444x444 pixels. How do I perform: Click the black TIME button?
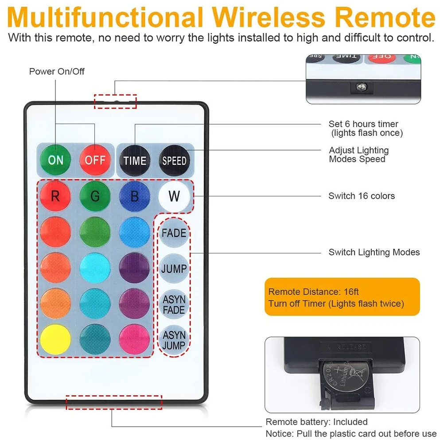click(x=135, y=160)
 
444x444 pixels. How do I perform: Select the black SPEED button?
click(x=174, y=160)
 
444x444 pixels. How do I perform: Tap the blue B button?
click(x=134, y=196)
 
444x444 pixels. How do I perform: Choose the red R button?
click(x=55, y=196)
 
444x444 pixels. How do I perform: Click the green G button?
click(x=95, y=196)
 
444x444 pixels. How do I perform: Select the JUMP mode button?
click(x=174, y=269)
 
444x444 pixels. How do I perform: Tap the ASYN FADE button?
click(x=174, y=304)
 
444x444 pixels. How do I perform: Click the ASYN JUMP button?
click(x=174, y=340)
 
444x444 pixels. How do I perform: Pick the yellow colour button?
click(x=55, y=340)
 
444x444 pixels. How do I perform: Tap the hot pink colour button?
click(x=134, y=340)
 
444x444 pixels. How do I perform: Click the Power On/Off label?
click(x=57, y=71)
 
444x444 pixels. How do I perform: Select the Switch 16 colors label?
click(x=361, y=196)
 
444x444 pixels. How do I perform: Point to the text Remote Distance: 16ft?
click(x=313, y=292)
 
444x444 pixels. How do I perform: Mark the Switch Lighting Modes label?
click(x=374, y=252)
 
